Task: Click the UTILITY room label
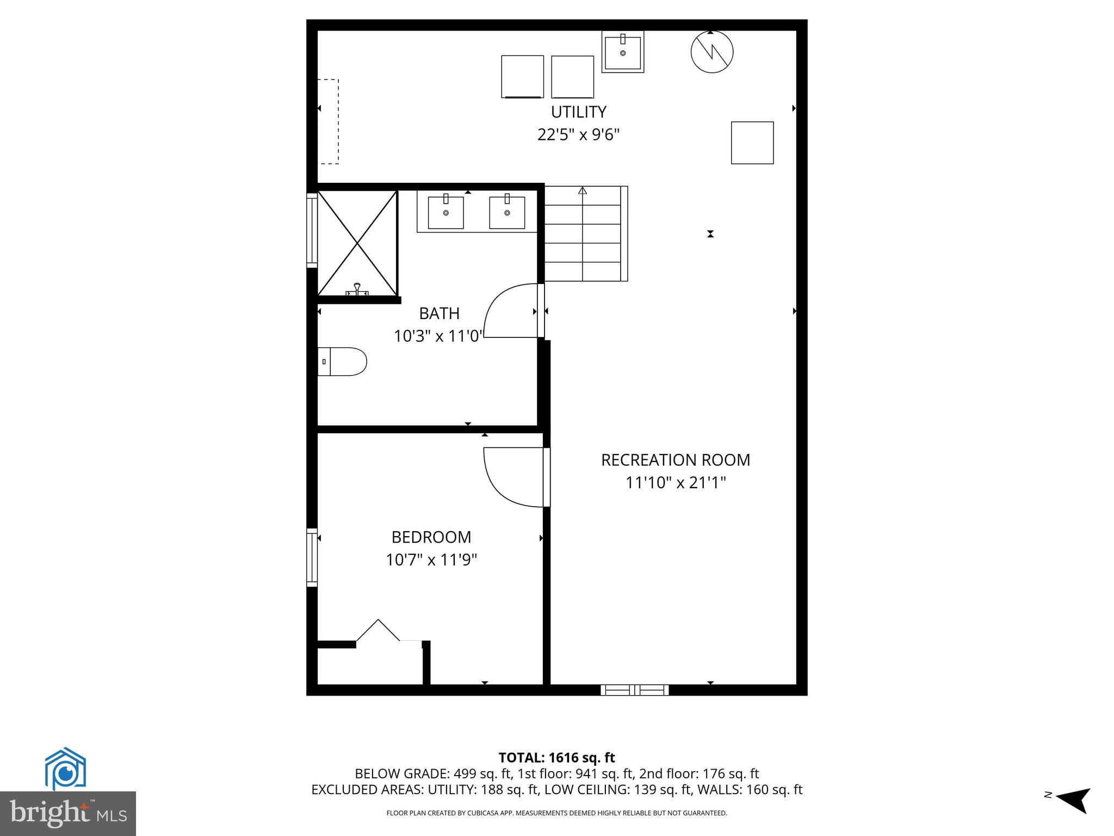(578, 112)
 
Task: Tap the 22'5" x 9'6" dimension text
(578, 134)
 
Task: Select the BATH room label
(439, 313)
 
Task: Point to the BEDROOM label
(431, 537)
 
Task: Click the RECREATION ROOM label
(675, 460)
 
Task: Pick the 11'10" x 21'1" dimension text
(675, 483)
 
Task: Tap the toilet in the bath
(342, 362)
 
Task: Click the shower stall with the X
(357, 243)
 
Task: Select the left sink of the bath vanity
(446, 212)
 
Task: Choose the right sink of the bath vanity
(507, 212)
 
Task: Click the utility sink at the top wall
(623, 52)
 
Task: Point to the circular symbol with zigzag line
(711, 52)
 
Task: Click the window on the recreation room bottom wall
(635, 690)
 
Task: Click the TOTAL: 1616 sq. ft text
(556, 758)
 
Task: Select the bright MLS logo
(68, 813)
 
